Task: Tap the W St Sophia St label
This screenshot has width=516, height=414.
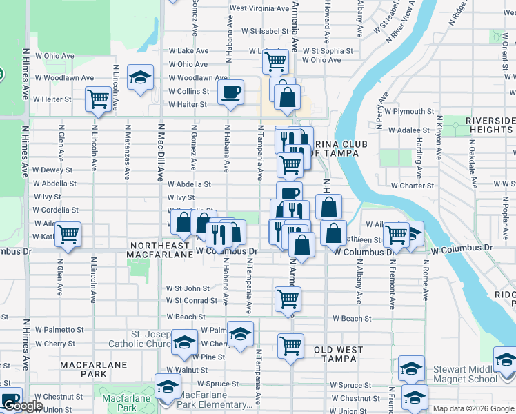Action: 333,51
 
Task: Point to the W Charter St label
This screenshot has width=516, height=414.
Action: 412,186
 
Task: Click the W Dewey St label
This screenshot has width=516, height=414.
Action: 52,170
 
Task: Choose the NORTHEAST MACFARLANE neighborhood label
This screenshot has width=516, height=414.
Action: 160,250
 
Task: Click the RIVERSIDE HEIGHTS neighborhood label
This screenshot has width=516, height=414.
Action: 490,125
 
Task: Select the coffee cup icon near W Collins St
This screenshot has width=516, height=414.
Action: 230,92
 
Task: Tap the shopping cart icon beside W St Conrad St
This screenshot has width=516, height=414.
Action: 288,299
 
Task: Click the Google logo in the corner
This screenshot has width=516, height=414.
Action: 23,406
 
